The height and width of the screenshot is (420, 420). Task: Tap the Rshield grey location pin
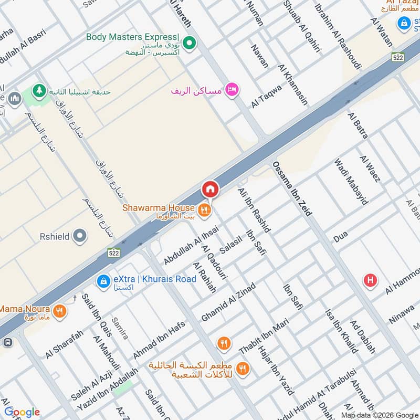(x=80, y=236)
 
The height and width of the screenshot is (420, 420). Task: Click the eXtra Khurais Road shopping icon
(x=104, y=282)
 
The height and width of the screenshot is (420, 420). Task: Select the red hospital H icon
(x=370, y=280)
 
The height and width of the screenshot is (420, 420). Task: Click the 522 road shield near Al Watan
(x=397, y=57)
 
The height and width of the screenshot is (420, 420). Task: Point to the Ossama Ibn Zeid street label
(x=292, y=188)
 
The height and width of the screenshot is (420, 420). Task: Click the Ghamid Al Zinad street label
(x=228, y=302)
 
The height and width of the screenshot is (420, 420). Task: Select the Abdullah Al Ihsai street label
(x=183, y=244)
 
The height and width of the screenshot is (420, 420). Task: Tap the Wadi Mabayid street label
(x=352, y=180)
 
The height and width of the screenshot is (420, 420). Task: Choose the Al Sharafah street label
(x=64, y=344)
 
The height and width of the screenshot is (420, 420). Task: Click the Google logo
(x=22, y=412)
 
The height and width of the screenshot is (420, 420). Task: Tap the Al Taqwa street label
(x=266, y=97)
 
